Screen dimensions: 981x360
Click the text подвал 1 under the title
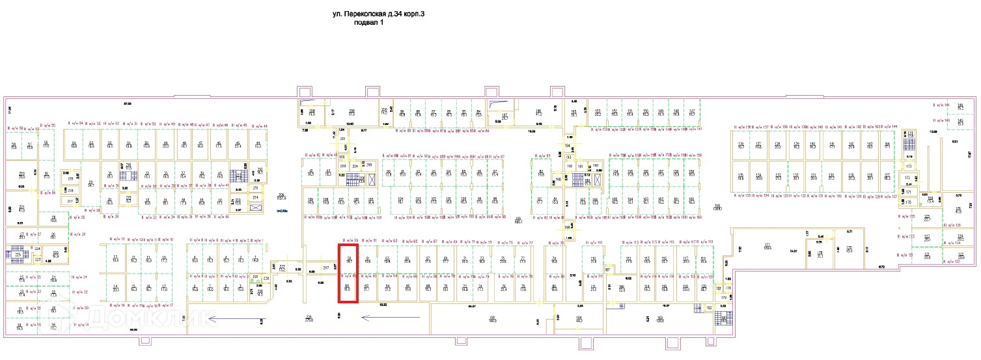368,23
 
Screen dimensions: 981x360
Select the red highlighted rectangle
348,273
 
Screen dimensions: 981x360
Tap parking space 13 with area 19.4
116,259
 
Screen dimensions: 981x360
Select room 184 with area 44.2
579,320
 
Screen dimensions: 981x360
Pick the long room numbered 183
659,320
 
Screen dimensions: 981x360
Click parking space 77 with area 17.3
523,260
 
